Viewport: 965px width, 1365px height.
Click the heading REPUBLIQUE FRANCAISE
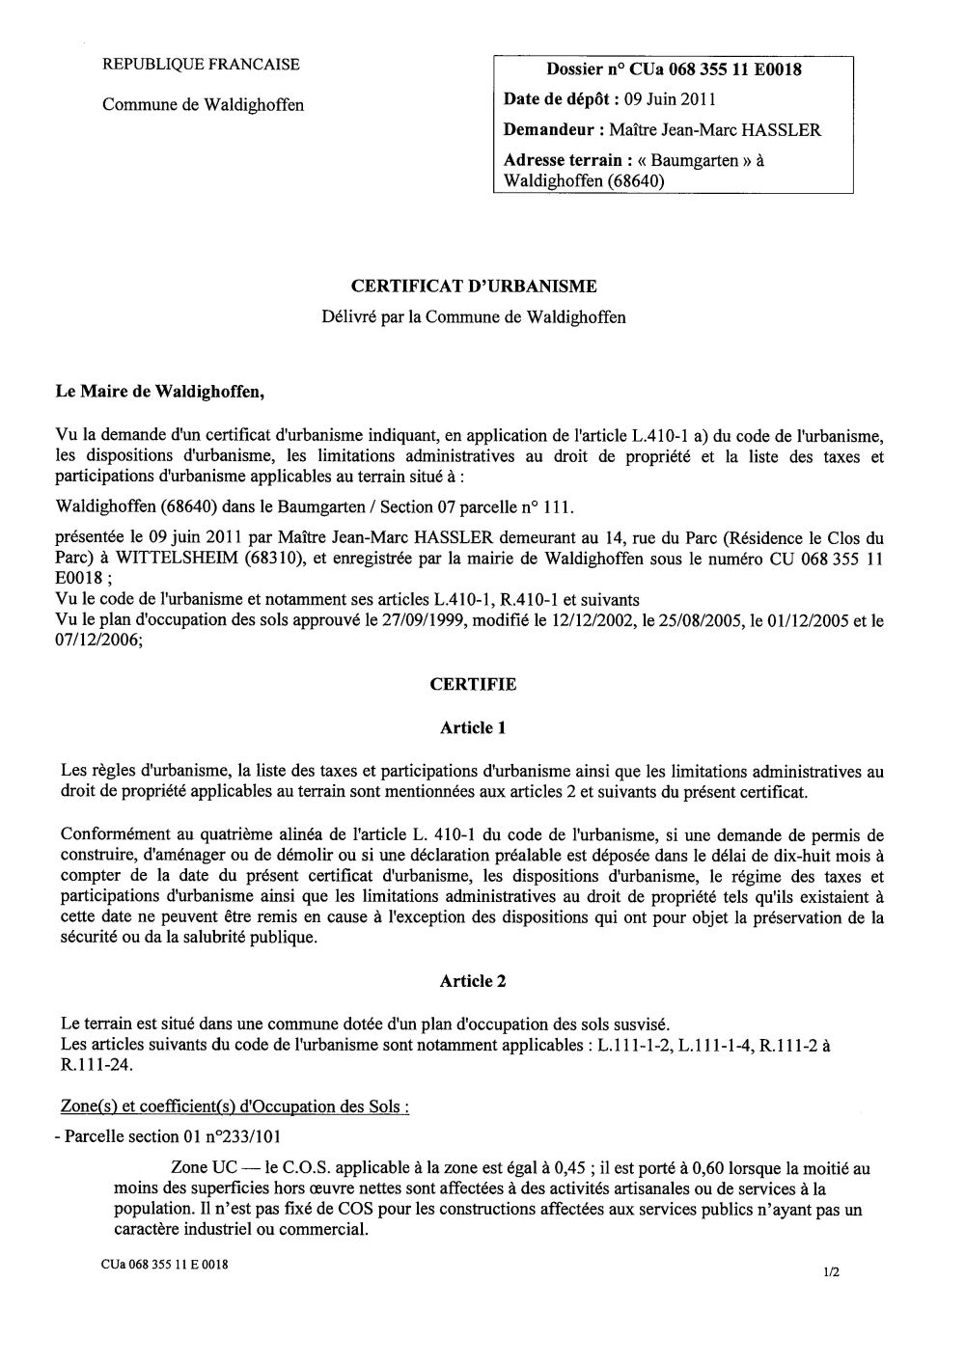tap(201, 65)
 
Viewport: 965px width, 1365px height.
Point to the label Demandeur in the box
tap(548, 129)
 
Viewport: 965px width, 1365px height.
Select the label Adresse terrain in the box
tap(562, 160)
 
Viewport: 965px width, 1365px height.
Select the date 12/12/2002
tap(546, 621)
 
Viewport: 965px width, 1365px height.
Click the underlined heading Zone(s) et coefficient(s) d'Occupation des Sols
tap(234, 1107)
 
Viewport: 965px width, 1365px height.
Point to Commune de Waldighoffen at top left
tap(203, 104)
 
